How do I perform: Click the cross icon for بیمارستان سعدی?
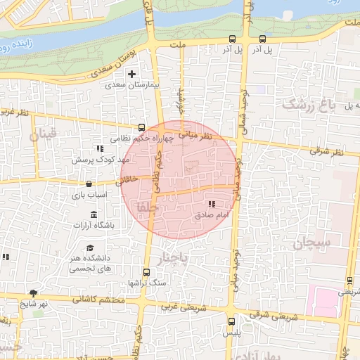pos(131,73)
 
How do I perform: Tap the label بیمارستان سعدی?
pos(129,84)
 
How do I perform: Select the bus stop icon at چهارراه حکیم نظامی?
pos(142,128)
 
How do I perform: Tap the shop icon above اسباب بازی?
pos(87,184)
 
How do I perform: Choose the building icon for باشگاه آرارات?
pos(94,214)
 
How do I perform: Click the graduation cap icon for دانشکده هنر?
pos(90,247)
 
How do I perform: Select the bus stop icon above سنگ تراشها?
pos(146,272)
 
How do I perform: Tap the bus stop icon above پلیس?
pos(231,321)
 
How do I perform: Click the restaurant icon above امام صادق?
pos(212,204)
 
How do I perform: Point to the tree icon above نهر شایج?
pos(33,293)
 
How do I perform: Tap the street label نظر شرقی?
pos(328,150)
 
